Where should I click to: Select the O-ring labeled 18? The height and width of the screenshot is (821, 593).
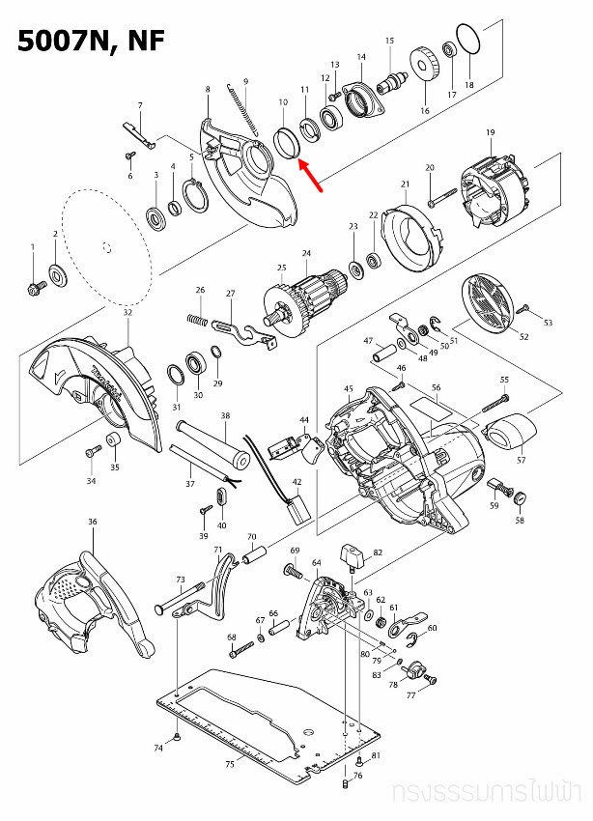point(467,41)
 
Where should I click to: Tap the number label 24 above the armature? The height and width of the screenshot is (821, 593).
point(306,254)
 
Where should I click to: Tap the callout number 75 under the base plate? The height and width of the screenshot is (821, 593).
point(229,764)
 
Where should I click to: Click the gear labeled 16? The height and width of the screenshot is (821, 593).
point(423,70)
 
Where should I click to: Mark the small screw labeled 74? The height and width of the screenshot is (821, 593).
point(181,739)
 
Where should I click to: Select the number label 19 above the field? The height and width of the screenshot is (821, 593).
point(490,132)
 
